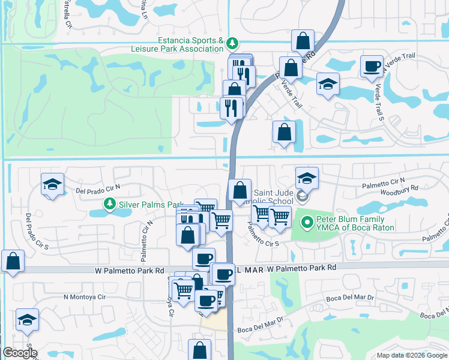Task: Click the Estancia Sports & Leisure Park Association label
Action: click(190, 44)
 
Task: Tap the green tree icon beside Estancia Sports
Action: click(232, 43)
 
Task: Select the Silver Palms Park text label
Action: click(150, 204)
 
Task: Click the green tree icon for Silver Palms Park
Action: click(110, 204)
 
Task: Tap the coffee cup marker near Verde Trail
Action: click(372, 65)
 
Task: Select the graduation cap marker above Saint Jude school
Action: click(307, 177)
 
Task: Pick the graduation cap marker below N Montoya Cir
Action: click(27, 319)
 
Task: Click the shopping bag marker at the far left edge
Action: click(13, 262)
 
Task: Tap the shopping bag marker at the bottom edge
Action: click(200, 350)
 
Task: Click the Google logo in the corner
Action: click(19, 353)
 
